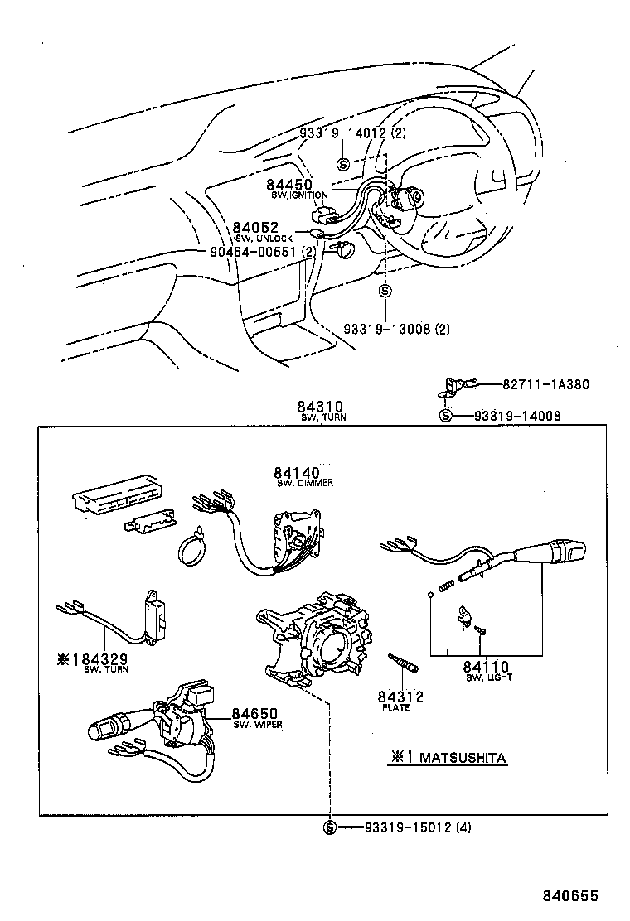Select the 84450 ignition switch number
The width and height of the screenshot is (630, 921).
pyautogui.click(x=288, y=184)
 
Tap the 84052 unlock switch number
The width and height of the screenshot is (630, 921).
pyautogui.click(x=254, y=228)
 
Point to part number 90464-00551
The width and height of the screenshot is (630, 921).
pyautogui.click(x=252, y=253)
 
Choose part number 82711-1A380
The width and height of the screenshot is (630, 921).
pyautogui.click(x=545, y=384)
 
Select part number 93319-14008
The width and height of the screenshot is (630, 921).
pyautogui.click(x=517, y=416)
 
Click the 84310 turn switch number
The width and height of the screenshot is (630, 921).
pyautogui.click(x=319, y=407)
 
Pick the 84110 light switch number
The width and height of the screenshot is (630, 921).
pyautogui.click(x=486, y=667)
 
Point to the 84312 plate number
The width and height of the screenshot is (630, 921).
pyautogui.click(x=400, y=697)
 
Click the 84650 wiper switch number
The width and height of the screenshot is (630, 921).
pyautogui.click(x=254, y=713)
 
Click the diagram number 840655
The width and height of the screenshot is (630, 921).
pyautogui.click(x=570, y=896)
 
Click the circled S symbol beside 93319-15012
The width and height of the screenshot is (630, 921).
pyautogui.click(x=329, y=827)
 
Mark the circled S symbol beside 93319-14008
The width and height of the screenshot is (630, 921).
pyautogui.click(x=445, y=416)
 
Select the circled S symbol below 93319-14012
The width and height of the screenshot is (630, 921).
pyautogui.click(x=343, y=164)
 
